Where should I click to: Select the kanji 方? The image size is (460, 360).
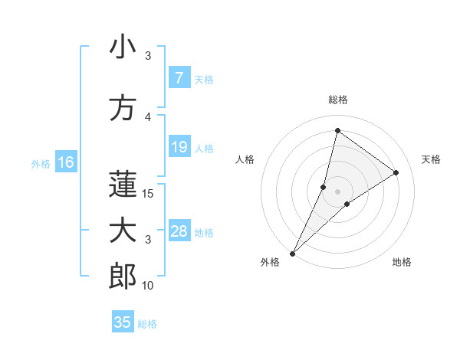(x=123, y=108)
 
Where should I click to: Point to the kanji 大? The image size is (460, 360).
(x=123, y=232)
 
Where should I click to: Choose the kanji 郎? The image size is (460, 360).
(x=123, y=277)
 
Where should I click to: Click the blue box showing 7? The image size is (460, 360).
(x=179, y=78)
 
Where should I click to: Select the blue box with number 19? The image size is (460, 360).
(x=179, y=147)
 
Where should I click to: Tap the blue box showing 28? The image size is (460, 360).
(x=179, y=231)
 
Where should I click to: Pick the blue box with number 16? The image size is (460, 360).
(x=65, y=162)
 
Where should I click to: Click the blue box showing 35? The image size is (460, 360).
(x=123, y=322)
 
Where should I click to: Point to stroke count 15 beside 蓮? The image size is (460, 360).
(x=149, y=194)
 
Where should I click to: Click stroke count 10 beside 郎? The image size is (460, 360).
(x=149, y=286)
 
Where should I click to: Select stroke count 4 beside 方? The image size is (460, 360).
(x=149, y=116)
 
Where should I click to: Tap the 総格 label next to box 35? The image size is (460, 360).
(x=147, y=324)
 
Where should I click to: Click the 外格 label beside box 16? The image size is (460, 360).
(x=41, y=163)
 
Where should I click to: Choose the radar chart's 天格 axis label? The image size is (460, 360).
(x=431, y=159)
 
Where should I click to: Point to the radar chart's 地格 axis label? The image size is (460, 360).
(x=402, y=262)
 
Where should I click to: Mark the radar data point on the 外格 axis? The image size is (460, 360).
(x=293, y=253)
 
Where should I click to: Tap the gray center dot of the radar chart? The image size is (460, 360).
(x=337, y=191)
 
